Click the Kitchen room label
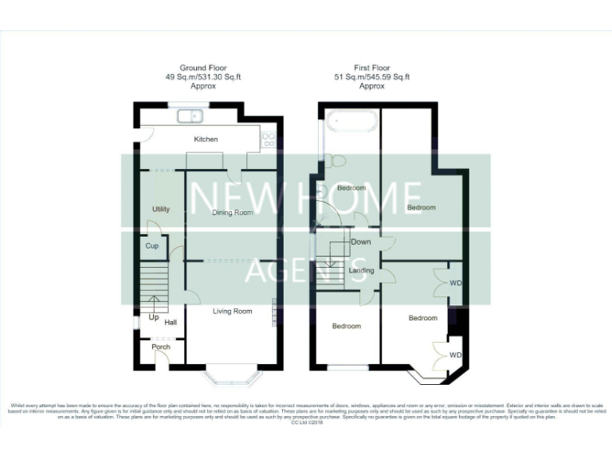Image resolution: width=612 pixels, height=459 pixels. pyautogui.click(x=206, y=139)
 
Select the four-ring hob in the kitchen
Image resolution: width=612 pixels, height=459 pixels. pyautogui.click(x=269, y=139)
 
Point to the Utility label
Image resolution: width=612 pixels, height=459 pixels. pyautogui.click(x=161, y=210)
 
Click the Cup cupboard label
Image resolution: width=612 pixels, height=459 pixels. pyautogui.click(x=151, y=246)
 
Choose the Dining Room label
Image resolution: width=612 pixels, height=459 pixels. pyautogui.click(x=232, y=213)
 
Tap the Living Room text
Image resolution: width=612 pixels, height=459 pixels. pyautogui.click(x=232, y=311)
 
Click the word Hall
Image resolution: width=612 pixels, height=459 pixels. pyautogui.click(x=171, y=323)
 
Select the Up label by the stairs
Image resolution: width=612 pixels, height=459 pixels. pyautogui.click(x=153, y=317)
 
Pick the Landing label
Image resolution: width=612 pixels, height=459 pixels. pyautogui.click(x=362, y=270)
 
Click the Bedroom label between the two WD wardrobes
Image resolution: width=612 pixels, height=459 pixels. pyautogui.click(x=422, y=318)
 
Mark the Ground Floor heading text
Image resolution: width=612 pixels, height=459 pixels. pyautogui.click(x=203, y=69)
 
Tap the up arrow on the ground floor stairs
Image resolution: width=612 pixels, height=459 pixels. pyautogui.click(x=154, y=304)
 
